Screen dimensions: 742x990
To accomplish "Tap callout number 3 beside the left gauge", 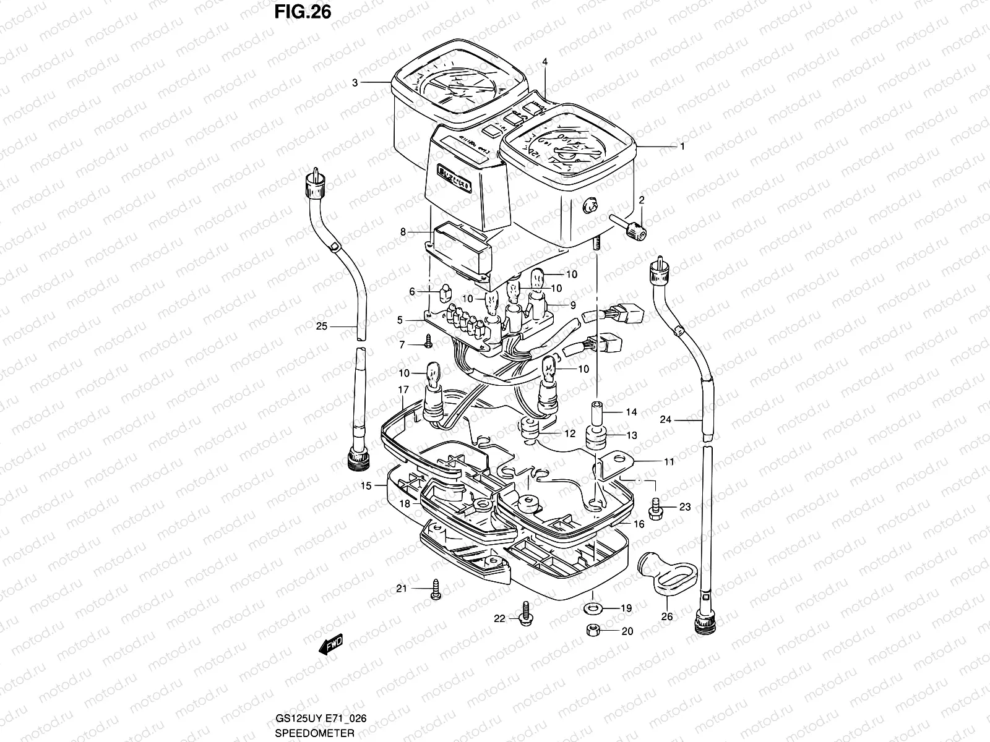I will pyautogui.click(x=355, y=82).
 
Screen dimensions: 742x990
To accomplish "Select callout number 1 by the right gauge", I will pyautogui.click(x=682, y=147).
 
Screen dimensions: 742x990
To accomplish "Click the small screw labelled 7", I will pyautogui.click(x=428, y=339).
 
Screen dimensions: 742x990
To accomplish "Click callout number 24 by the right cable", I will pyautogui.click(x=665, y=419).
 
